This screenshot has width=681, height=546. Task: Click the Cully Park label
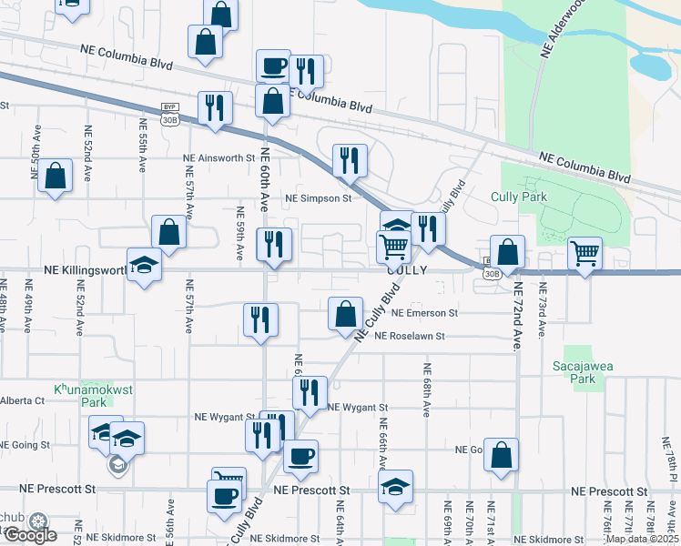[x=518, y=196]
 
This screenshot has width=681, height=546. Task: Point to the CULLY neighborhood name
[x=406, y=270]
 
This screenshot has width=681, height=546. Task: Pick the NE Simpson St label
[x=319, y=197]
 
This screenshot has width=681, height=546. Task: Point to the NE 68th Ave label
[x=425, y=389]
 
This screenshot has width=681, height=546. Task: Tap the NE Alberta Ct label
[x=22, y=400]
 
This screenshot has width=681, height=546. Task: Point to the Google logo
[x=29, y=535]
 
